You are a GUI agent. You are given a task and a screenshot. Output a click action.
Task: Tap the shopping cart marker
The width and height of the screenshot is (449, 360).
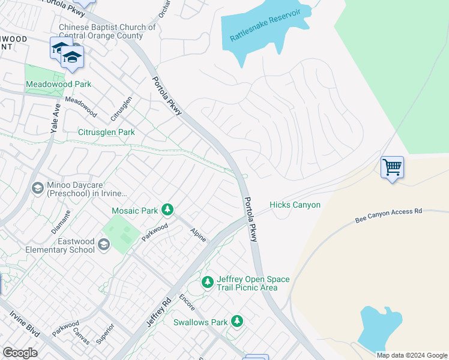click(x=392, y=167)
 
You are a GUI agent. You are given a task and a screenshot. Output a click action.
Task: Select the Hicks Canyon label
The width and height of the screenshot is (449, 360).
click(x=295, y=205)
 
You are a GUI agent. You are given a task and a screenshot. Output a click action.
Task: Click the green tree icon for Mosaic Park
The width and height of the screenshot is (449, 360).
click(x=168, y=209)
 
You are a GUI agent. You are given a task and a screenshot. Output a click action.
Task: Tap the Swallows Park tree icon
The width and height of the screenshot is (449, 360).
click(x=238, y=322)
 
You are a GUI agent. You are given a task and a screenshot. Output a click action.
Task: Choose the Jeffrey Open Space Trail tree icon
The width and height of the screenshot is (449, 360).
click(x=208, y=281)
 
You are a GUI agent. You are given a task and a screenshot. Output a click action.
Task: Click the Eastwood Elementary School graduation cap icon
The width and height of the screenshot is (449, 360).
click(x=104, y=244)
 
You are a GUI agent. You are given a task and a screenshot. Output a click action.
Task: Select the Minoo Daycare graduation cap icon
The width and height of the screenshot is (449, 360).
click(x=37, y=188)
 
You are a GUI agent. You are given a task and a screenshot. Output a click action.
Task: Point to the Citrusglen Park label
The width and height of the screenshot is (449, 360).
click(x=106, y=132)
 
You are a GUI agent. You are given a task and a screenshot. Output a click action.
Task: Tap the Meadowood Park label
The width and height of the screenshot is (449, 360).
click(x=58, y=84)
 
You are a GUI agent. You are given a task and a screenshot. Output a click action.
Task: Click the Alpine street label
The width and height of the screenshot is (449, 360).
click(x=198, y=235)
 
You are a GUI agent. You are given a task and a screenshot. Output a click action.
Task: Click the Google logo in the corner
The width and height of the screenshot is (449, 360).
click(x=20, y=353)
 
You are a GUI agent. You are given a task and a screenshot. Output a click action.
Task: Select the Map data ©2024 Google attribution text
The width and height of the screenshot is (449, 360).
click(x=411, y=355)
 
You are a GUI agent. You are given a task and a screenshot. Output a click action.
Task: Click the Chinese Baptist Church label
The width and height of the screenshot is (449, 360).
click(x=107, y=31)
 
